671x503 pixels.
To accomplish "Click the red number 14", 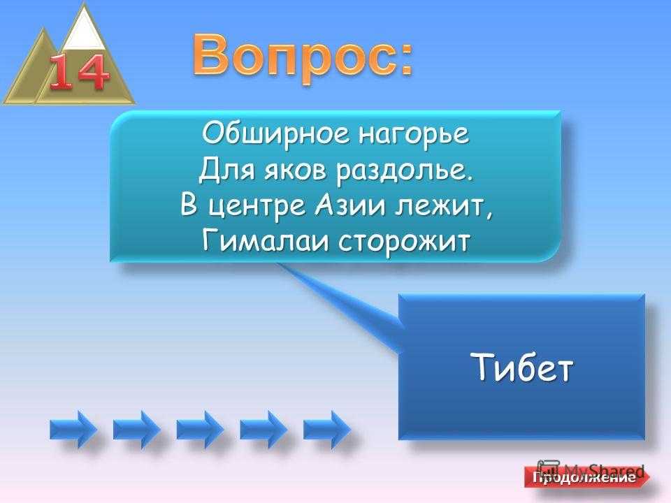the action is tap(79, 73).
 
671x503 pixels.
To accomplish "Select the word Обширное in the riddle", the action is tap(275, 133).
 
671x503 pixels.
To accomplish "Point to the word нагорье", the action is tap(413, 134).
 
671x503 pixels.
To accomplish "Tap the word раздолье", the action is tap(405, 171).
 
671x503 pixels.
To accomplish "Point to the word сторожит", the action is tap(404, 243).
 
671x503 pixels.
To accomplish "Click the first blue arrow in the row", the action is tap(73, 430).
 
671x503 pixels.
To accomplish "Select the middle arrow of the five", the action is tap(200, 430).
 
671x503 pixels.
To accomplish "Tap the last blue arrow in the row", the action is tap(326, 430).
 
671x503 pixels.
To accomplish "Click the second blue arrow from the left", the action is tap(136, 430).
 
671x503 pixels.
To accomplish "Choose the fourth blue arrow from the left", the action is tap(264, 430).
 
